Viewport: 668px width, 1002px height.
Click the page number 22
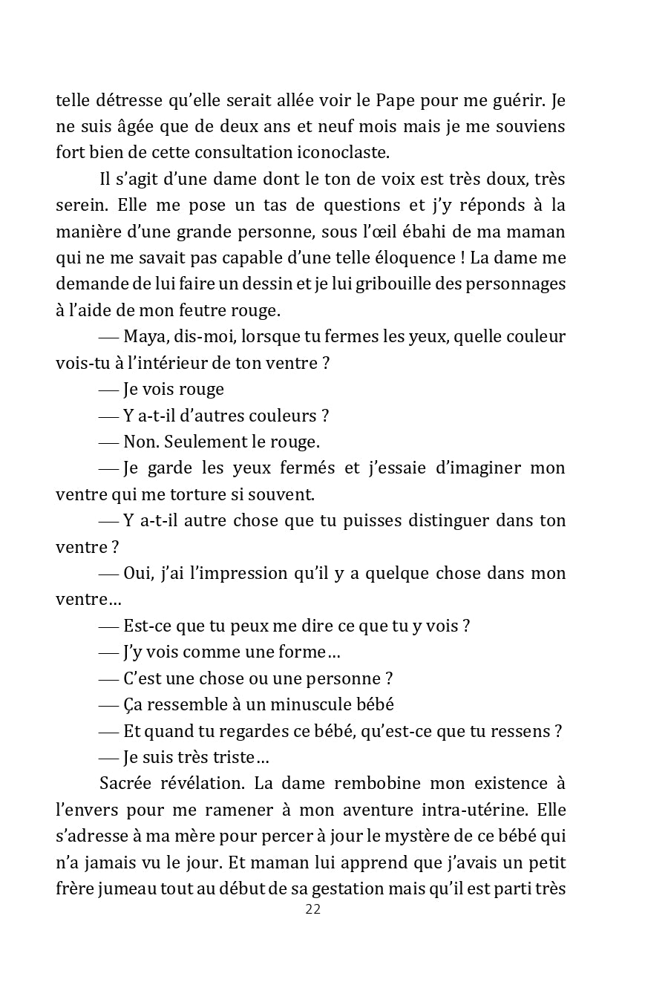[312, 909]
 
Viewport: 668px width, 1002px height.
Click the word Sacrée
[126, 784]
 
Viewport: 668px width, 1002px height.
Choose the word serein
[79, 205]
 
